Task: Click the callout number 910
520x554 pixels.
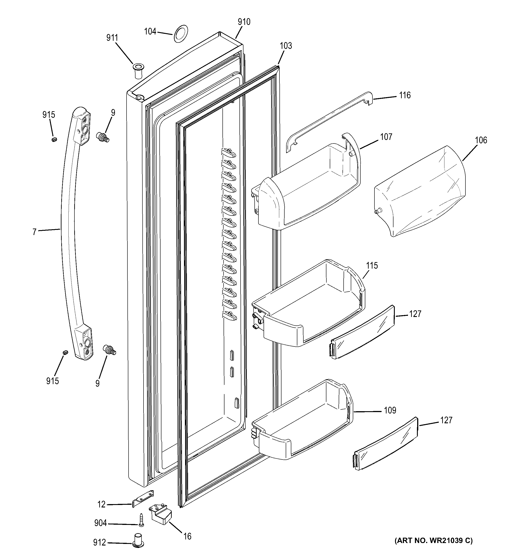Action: pyautogui.click(x=244, y=22)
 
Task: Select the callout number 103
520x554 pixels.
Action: pyautogui.click(x=286, y=46)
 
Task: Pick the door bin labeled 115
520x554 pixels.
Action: pyautogui.click(x=309, y=304)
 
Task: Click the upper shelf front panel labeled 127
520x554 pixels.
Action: pyautogui.click(x=362, y=332)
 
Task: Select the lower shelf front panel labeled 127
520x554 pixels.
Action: pyautogui.click(x=386, y=445)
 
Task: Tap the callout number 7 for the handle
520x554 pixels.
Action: pyautogui.click(x=34, y=232)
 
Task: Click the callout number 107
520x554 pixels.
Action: pyautogui.click(x=386, y=137)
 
